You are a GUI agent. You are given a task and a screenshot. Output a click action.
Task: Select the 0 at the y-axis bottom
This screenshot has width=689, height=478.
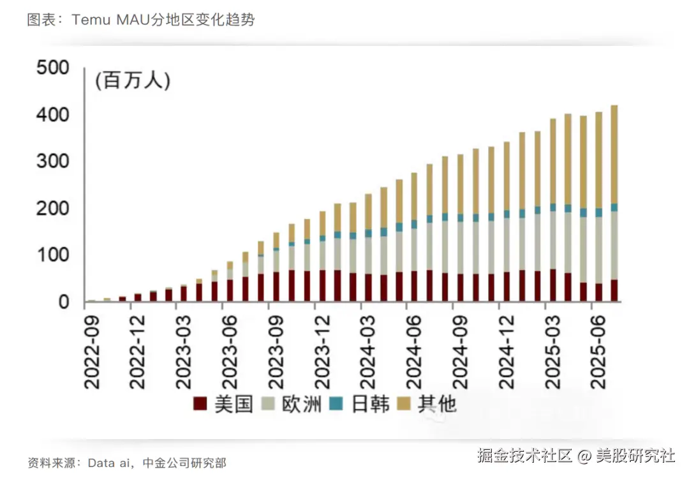(64, 302)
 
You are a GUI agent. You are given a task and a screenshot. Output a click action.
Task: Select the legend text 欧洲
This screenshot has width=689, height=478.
(302, 404)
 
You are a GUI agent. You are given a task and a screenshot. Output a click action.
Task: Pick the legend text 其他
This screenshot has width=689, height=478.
(437, 404)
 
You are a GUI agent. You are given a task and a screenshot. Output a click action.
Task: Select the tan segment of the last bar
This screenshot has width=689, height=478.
(614, 153)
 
